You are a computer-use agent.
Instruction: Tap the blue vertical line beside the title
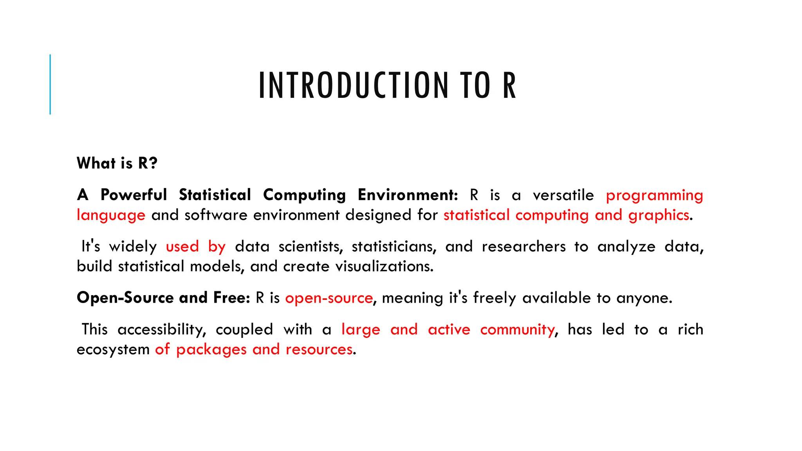click(x=50, y=84)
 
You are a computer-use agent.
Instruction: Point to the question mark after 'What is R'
click(x=153, y=163)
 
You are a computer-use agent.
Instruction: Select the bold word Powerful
click(x=134, y=195)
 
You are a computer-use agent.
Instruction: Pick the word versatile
click(x=563, y=195)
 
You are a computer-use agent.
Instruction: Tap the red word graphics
click(x=659, y=215)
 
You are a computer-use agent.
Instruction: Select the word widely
click(x=133, y=247)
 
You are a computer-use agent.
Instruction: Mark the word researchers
click(x=524, y=247)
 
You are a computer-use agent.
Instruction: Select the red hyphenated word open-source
click(x=329, y=298)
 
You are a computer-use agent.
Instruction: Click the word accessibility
click(x=161, y=330)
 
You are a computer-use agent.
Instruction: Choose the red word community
click(x=517, y=330)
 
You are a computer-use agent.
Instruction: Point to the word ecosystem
click(x=113, y=350)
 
